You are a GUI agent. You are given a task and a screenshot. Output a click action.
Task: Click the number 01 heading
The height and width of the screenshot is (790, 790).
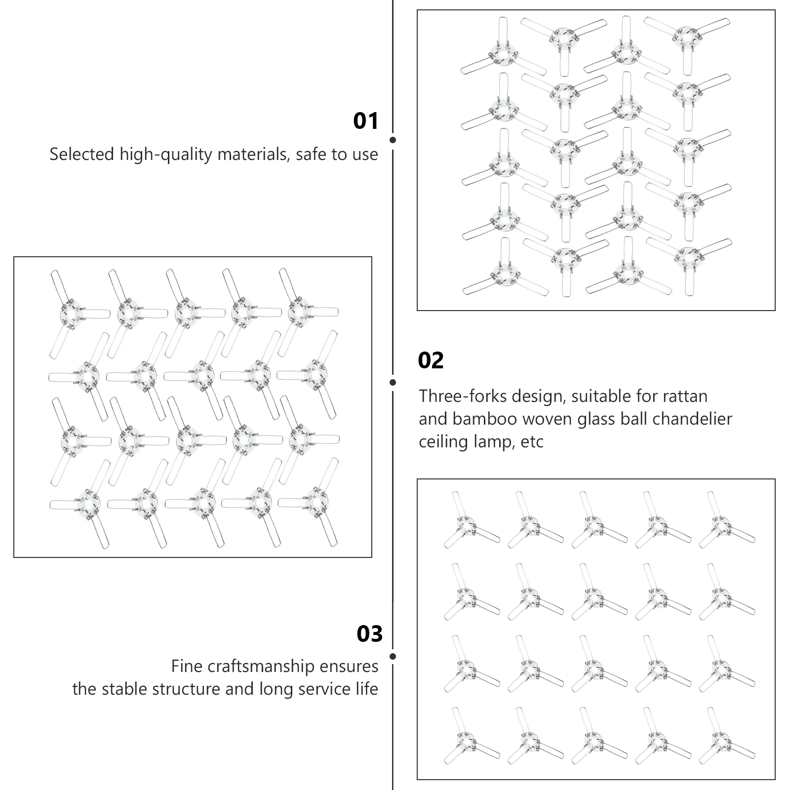[x=365, y=121]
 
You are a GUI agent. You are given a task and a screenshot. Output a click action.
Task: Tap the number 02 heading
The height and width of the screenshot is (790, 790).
[x=431, y=360]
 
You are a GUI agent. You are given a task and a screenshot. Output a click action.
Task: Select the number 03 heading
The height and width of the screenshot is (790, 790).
[x=369, y=634]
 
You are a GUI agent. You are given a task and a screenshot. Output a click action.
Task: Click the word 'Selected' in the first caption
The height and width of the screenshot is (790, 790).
[x=82, y=155]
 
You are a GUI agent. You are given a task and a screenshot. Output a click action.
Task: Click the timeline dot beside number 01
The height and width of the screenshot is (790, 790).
[x=393, y=140]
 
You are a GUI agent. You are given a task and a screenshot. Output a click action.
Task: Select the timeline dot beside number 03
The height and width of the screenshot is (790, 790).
[x=393, y=657]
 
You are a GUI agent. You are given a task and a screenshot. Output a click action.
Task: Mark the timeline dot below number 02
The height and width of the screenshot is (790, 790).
[x=393, y=382]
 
